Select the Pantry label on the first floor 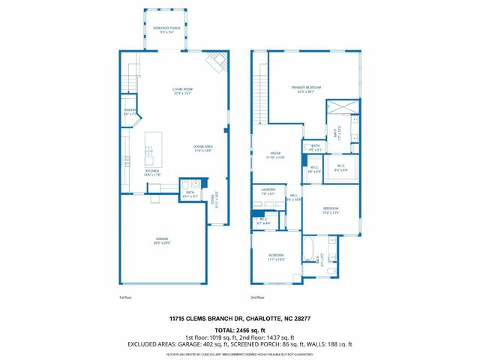tap(130, 111)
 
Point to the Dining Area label tap(202, 148)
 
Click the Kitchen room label tap(151, 172)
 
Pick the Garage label tap(163, 241)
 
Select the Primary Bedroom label tap(306, 89)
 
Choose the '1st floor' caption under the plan tap(127, 298)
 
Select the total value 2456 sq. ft tap(252, 329)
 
